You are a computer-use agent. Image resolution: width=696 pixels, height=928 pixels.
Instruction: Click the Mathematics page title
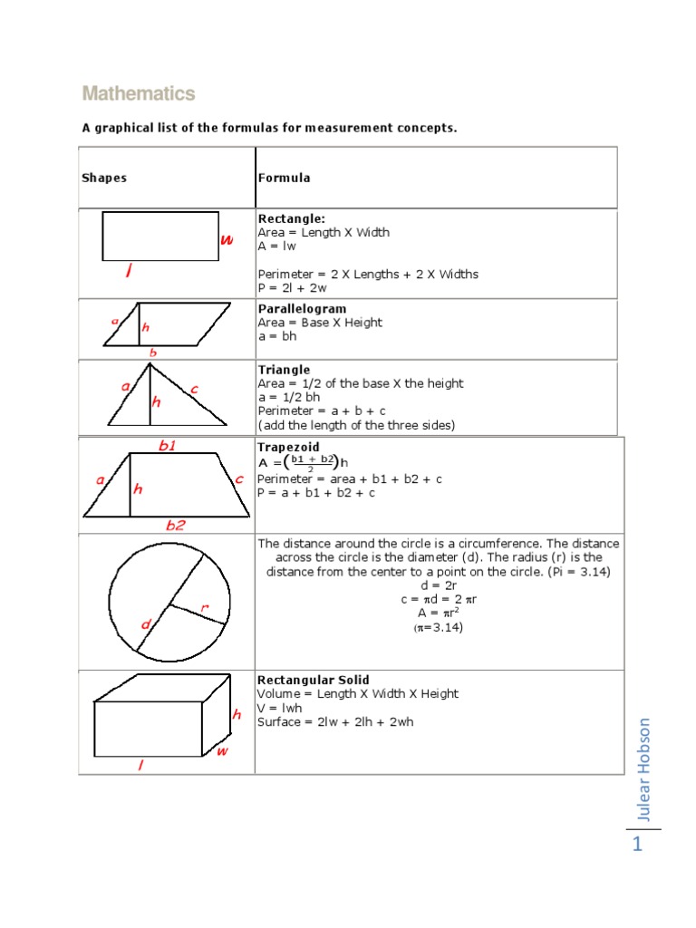pyautogui.click(x=138, y=94)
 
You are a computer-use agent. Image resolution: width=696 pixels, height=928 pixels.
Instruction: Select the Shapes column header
pyautogui.click(x=104, y=178)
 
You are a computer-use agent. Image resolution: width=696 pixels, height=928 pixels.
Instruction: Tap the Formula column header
pyautogui.click(x=284, y=178)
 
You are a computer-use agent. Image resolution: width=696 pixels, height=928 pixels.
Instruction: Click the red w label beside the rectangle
pyautogui.click(x=227, y=240)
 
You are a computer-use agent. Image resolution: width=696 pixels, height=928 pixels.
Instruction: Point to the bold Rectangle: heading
pyautogui.click(x=291, y=218)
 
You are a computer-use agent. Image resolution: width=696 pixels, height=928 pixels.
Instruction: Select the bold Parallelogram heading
pyautogui.click(x=302, y=309)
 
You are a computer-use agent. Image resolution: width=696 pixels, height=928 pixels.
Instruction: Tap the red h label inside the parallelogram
pyautogui.click(x=146, y=327)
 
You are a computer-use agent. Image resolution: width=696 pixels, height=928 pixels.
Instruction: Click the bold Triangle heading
pyautogui.click(x=284, y=370)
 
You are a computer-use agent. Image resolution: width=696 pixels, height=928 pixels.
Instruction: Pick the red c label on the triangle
pyautogui.click(x=194, y=390)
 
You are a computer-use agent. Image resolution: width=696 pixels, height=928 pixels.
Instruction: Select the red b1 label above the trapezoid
pyautogui.click(x=167, y=445)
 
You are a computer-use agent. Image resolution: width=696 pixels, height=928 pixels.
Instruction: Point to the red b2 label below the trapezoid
pyautogui.click(x=175, y=525)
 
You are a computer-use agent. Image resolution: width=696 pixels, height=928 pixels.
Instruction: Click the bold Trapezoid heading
pyautogui.click(x=288, y=448)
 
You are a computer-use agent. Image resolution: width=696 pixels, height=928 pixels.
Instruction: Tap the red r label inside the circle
pyautogui.click(x=205, y=608)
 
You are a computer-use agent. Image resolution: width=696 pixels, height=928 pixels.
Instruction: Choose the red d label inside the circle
pyautogui.click(x=146, y=624)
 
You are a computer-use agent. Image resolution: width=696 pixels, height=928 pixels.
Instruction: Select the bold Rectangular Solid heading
pyautogui.click(x=313, y=680)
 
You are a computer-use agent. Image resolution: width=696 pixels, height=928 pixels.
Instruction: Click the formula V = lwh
pyautogui.click(x=280, y=708)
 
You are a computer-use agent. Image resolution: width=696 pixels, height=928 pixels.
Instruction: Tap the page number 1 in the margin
pyautogui.click(x=638, y=846)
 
